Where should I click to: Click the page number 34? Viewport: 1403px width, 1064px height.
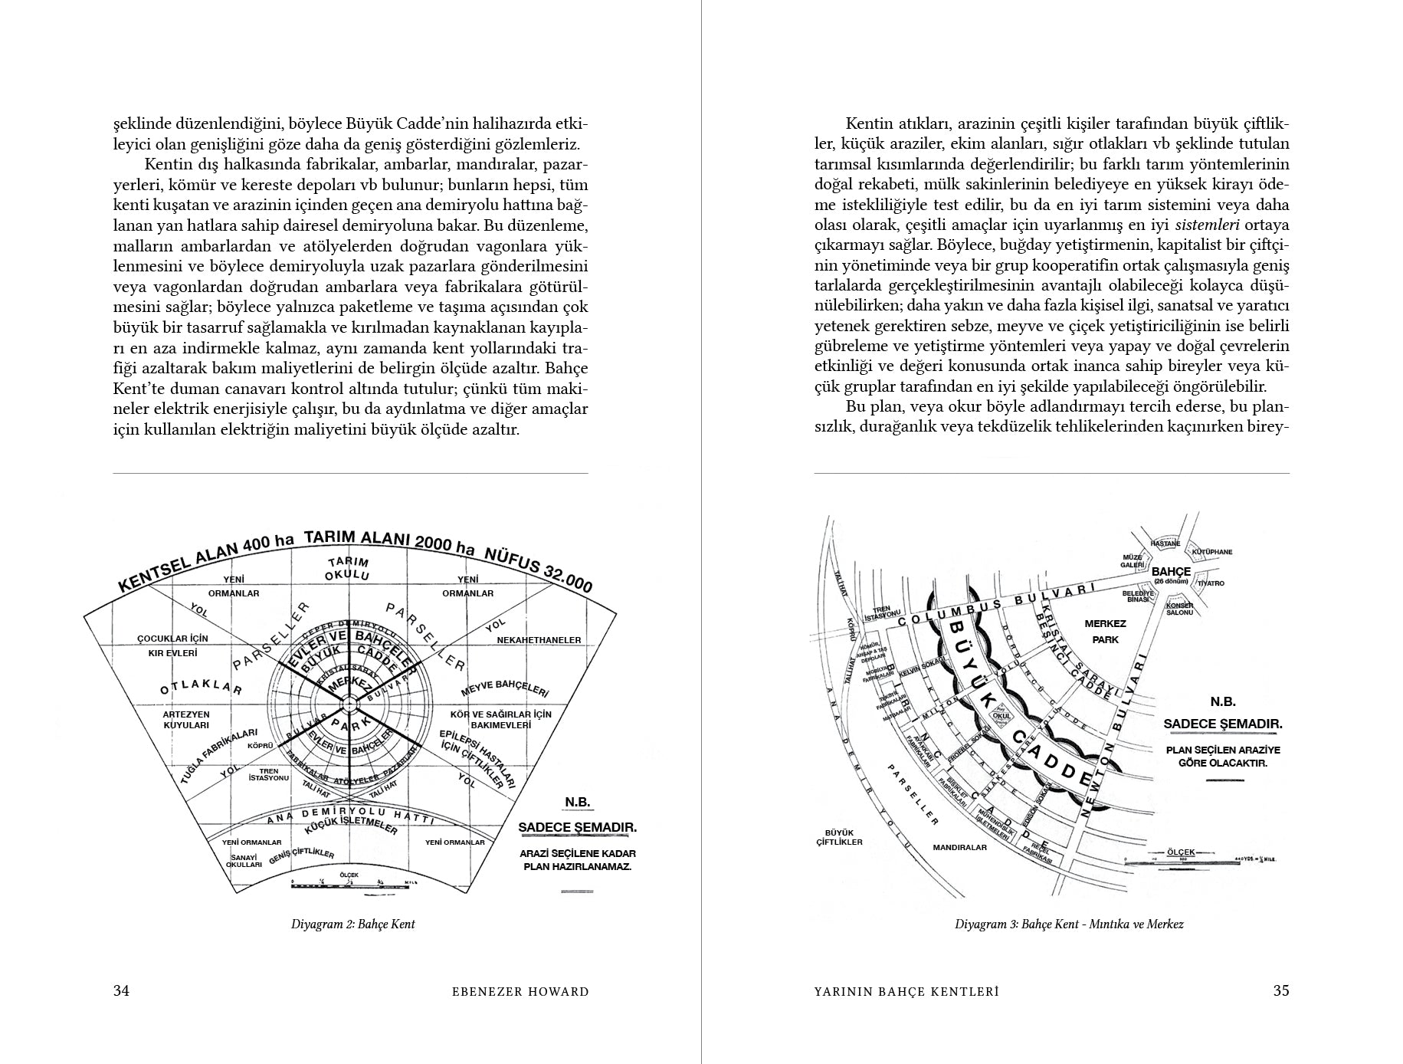coord(121,990)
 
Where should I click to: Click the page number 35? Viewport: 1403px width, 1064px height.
coord(1281,990)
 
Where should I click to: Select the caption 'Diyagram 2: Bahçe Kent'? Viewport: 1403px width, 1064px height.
coord(352,924)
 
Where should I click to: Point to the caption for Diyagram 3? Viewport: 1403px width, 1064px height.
coord(1069,924)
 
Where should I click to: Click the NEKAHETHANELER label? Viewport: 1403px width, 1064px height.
coord(539,639)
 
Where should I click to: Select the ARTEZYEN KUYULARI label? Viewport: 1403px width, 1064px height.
coord(186,719)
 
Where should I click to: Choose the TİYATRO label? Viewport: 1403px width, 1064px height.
coord(1210,583)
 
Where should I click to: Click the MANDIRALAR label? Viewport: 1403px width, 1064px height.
coord(960,847)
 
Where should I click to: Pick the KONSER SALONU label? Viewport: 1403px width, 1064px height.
coord(1179,608)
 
